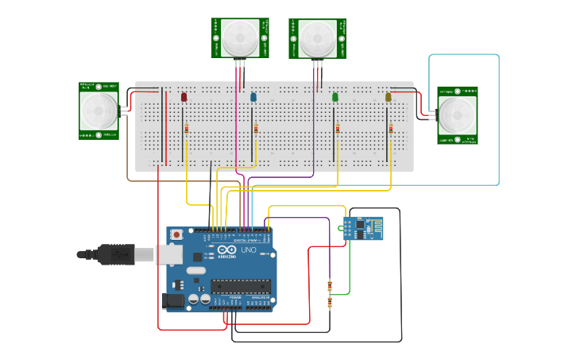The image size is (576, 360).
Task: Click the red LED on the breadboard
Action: (x=184, y=97)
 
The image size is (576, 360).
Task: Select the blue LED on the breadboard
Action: (x=253, y=97)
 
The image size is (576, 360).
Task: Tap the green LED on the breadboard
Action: (x=335, y=97)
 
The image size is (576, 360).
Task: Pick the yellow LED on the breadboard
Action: (x=389, y=97)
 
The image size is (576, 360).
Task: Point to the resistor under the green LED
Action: (x=337, y=129)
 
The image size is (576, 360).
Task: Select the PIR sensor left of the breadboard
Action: (x=99, y=110)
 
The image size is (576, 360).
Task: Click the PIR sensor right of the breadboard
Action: (x=458, y=115)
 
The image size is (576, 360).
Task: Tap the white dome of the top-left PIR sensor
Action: (x=240, y=36)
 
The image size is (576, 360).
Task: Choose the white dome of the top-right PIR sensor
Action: (x=318, y=36)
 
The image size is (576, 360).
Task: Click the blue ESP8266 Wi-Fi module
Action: (x=363, y=228)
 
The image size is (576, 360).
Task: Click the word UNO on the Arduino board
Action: (x=249, y=250)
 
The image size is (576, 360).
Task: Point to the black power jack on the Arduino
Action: (x=173, y=301)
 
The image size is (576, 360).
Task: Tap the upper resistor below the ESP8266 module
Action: (x=330, y=287)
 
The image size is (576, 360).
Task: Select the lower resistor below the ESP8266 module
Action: (x=330, y=303)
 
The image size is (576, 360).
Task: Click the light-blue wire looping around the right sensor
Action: (x=499, y=119)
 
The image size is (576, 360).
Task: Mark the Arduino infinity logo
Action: (x=226, y=251)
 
